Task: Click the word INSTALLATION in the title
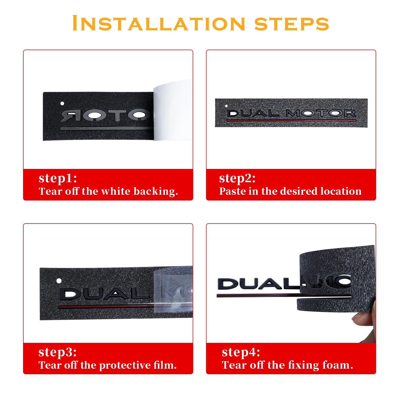coord(159,23)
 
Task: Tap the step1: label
coord(58,179)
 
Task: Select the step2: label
coord(237,179)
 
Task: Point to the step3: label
coord(58,353)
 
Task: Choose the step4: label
coord(241,353)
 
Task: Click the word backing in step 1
coord(156,191)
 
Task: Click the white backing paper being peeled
coord(173,110)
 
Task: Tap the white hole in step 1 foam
coord(62,103)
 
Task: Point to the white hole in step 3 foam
coord(59,281)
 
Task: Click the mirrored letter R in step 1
coord(67,116)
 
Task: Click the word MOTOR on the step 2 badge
coord(321,113)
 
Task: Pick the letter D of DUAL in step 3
coord(69,294)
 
